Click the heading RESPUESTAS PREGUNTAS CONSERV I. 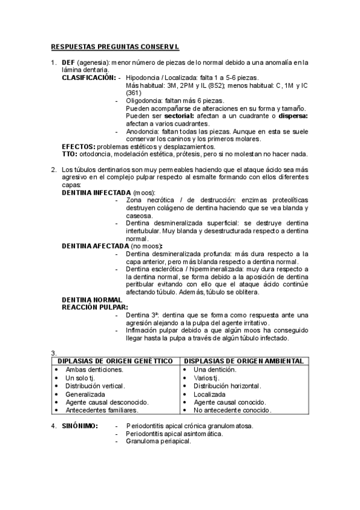(x=115, y=46)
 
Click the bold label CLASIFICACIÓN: (x=88, y=78)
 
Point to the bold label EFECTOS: (x=79, y=146)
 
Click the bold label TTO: (x=70, y=154)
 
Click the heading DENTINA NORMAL (x=92, y=300)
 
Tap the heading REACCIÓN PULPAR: (x=95, y=307)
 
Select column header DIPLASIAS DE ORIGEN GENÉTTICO (x=115, y=361)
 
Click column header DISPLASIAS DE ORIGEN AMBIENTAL (x=243, y=361)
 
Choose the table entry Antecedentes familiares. (x=102, y=410)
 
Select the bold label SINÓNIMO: (x=81, y=426)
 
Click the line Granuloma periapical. (x=158, y=441)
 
